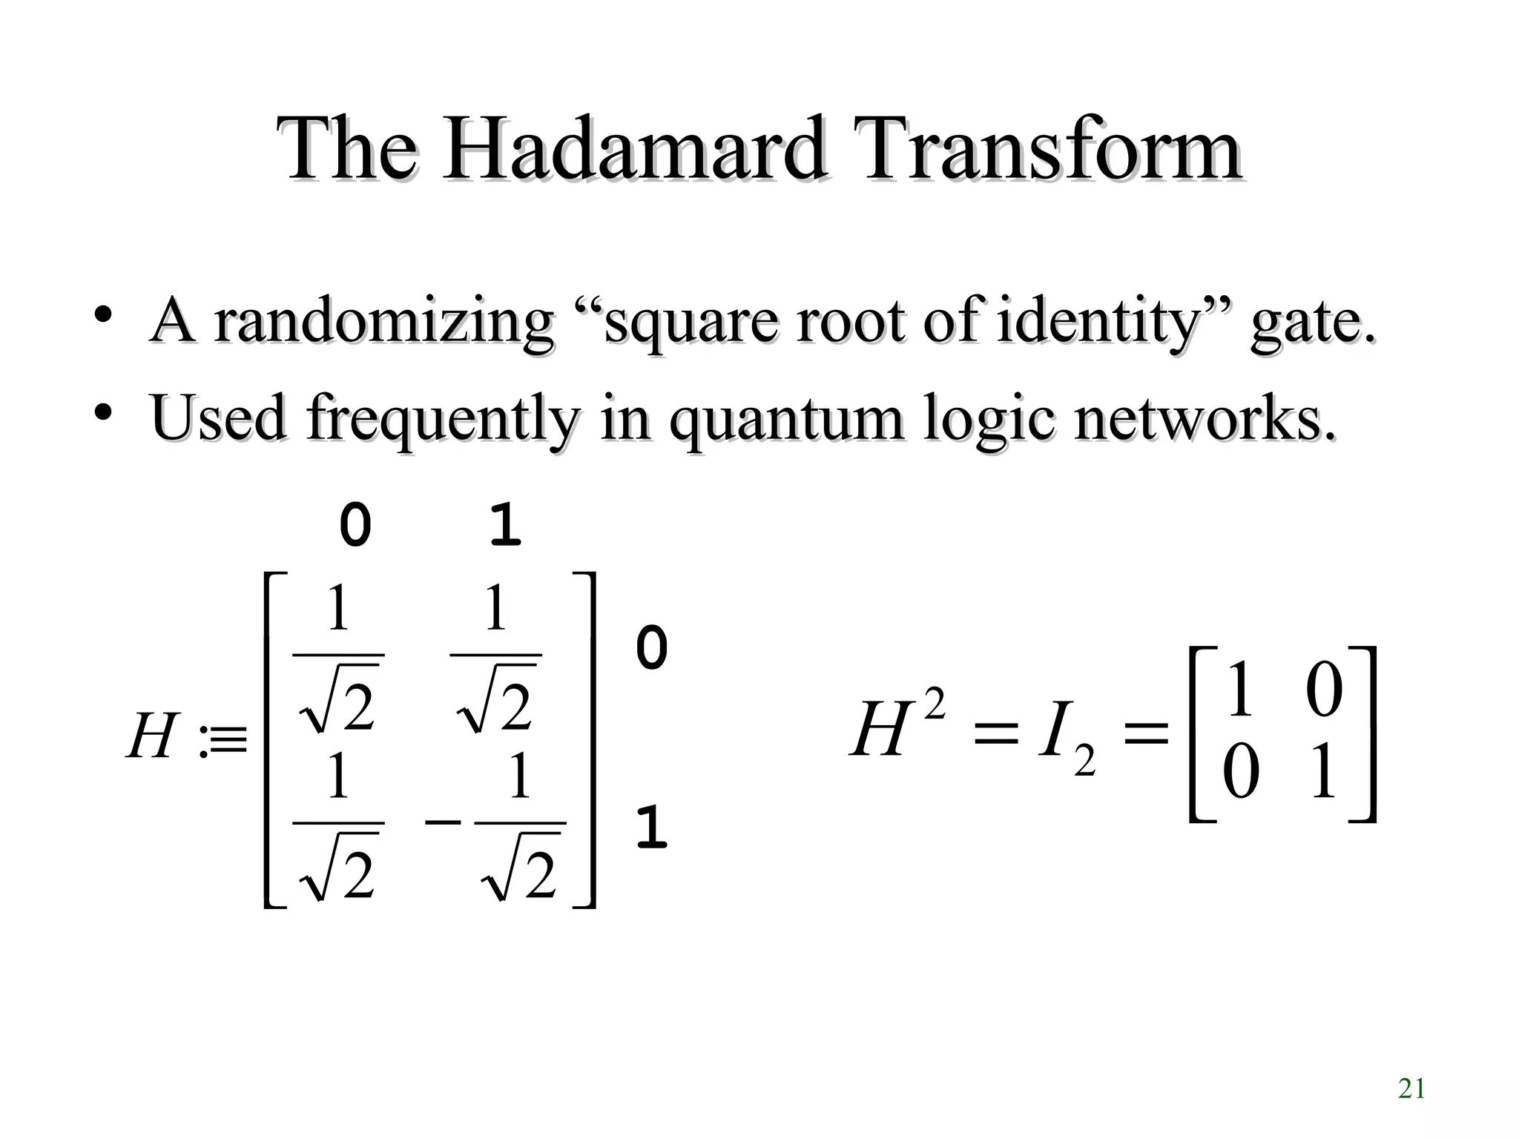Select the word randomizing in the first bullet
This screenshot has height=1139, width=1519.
pyautogui.click(x=383, y=321)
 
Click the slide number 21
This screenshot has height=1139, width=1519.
pyautogui.click(x=1411, y=1089)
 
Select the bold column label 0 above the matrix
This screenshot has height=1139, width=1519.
pyautogui.click(x=355, y=525)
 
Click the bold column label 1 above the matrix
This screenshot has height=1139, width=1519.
pyautogui.click(x=506, y=525)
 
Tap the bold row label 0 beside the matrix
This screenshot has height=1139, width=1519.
pyautogui.click(x=652, y=647)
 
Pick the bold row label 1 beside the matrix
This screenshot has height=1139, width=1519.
pyautogui.click(x=652, y=828)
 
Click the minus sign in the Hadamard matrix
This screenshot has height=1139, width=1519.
pyautogui.click(x=444, y=822)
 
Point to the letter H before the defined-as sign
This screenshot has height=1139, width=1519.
pyautogui.click(x=152, y=736)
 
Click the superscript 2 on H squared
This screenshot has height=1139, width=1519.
pyautogui.click(x=935, y=704)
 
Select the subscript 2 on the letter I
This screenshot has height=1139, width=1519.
pyautogui.click(x=1084, y=761)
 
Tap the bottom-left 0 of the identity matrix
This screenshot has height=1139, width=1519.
pyautogui.click(x=1240, y=772)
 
